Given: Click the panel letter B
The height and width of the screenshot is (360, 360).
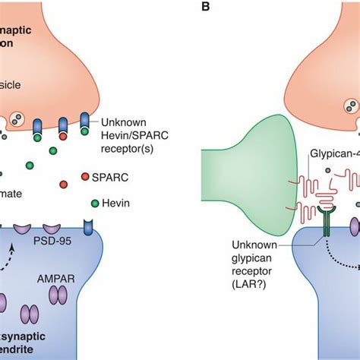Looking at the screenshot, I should (201, 9).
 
